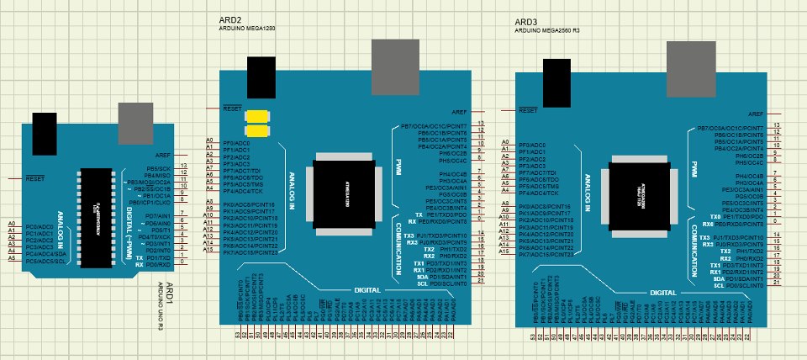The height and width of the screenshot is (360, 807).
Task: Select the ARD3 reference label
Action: [x=525, y=19]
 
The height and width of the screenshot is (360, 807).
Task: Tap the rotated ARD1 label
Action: [x=168, y=295]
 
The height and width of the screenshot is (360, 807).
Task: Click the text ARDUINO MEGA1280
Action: [x=245, y=29]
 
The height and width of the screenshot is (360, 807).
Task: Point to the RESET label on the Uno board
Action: [x=35, y=178]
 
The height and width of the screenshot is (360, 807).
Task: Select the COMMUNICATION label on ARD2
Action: [x=398, y=249]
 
